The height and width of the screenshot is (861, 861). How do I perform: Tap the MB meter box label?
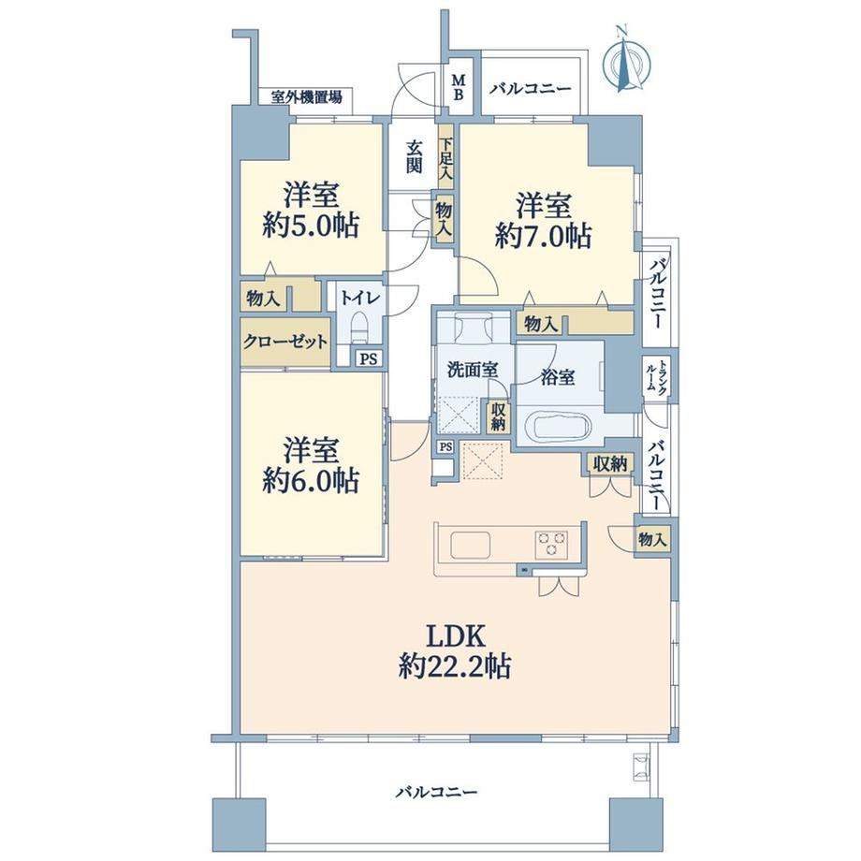point(458,88)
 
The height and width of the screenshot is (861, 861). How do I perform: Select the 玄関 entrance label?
point(415,157)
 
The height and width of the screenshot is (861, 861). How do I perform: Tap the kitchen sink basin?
point(471,546)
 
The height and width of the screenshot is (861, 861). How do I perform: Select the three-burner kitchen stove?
point(551,544)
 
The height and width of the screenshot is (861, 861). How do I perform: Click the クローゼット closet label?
point(285,342)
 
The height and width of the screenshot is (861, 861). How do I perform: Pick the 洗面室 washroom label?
point(473,370)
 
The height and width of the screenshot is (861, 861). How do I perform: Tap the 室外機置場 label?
point(306,97)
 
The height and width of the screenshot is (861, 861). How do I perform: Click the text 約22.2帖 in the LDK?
point(455,666)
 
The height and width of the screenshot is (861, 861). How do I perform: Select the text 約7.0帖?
point(543,236)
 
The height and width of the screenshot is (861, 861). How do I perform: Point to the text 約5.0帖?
point(311,226)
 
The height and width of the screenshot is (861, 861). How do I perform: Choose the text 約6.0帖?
point(311,480)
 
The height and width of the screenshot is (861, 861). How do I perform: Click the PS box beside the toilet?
point(369,359)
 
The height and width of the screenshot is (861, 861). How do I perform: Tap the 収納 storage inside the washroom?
point(498,416)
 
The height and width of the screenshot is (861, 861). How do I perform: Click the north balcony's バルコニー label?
point(531,88)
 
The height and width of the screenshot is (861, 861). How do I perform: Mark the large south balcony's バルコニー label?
point(437,791)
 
